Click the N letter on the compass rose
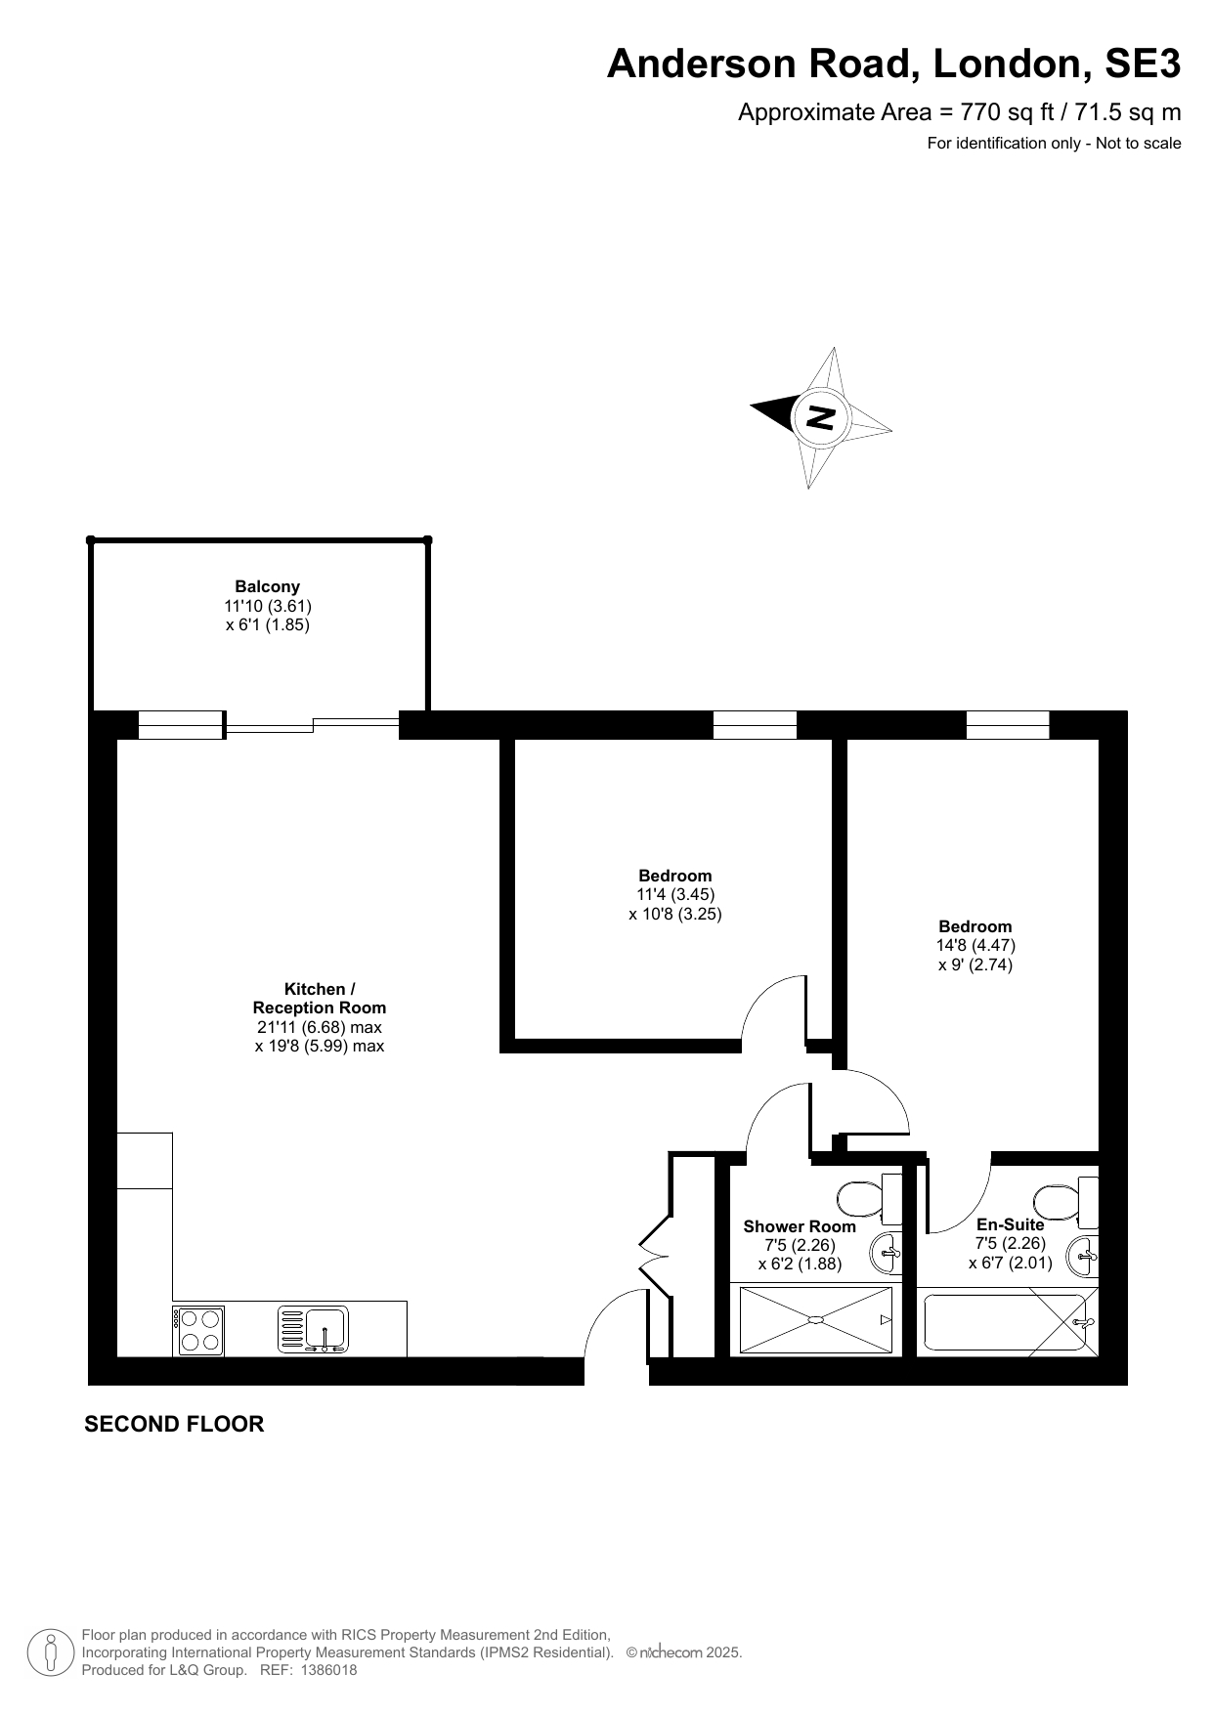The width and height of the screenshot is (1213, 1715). tap(820, 417)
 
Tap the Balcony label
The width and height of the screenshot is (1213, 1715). tap(268, 587)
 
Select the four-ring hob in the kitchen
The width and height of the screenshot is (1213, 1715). tap(199, 1331)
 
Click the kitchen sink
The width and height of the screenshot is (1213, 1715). tap(314, 1330)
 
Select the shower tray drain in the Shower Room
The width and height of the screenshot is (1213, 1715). tap(815, 1320)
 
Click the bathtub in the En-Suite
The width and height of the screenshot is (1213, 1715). tap(1007, 1322)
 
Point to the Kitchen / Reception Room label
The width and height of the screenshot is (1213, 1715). tap(320, 999)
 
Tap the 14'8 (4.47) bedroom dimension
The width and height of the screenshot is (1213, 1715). tap(975, 946)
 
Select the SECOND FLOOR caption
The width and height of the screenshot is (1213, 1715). tap(174, 1425)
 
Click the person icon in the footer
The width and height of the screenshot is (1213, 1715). tap(50, 1651)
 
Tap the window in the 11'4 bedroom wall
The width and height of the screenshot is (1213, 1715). tap(755, 725)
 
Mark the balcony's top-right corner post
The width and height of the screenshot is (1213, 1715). tap(427, 539)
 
